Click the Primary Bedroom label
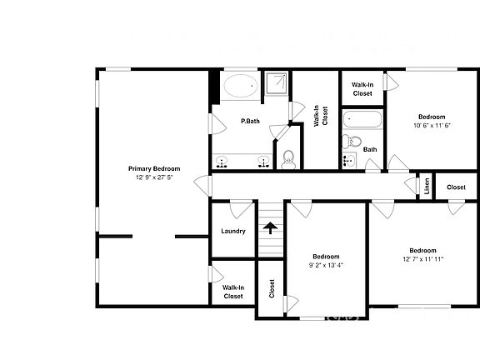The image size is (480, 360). [153, 168]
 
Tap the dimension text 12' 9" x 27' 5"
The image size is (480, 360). [153, 177]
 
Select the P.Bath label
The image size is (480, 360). [250, 122]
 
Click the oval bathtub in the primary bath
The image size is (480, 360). [242, 85]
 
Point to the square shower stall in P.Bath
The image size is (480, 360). [276, 85]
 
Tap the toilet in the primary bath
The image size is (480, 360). [288, 158]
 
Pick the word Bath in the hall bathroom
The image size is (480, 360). [369, 150]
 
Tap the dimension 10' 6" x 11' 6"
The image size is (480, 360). [432, 126]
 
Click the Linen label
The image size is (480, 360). [426, 187]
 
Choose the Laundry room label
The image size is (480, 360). [232, 231]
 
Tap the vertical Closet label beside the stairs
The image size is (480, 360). [272, 288]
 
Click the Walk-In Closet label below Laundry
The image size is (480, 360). [232, 292]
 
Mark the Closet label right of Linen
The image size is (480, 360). [456, 187]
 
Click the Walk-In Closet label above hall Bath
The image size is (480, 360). [362, 89]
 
